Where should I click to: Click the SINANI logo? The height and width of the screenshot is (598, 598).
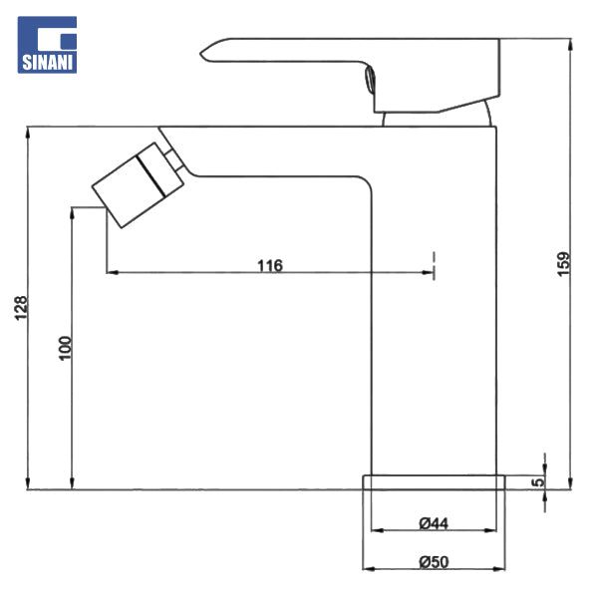click(47, 45)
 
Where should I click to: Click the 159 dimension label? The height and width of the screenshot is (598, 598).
click(563, 263)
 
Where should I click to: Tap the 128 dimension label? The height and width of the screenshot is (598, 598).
click(21, 308)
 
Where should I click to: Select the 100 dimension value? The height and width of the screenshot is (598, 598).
click(65, 348)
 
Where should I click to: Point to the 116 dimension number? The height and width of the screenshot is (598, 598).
click(270, 265)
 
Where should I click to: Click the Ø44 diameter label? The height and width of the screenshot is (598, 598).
click(434, 523)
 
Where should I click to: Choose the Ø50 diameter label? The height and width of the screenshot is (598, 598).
click(434, 562)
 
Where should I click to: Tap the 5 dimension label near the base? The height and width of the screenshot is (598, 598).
click(538, 482)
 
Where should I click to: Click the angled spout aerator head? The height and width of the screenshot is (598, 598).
click(138, 185)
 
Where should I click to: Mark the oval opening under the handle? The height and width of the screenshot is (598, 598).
click(370, 79)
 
